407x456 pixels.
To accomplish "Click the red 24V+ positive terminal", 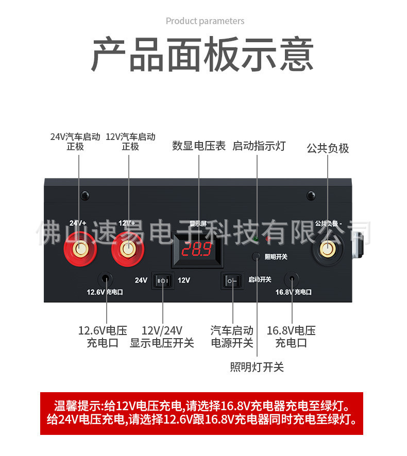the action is [80, 250].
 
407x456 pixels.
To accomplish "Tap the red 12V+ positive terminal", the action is [126, 250].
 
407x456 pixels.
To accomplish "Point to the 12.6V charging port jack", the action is [106, 278].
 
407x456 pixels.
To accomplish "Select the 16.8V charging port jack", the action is [292, 278].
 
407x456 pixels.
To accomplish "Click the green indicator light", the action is [256, 238].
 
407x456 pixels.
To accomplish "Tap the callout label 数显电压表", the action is [199, 146].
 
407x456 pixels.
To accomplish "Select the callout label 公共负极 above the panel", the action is [328, 148].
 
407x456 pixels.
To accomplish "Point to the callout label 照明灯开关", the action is [257, 367].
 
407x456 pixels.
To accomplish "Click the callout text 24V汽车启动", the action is [75, 137].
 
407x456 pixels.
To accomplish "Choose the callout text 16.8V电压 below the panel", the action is [291, 330].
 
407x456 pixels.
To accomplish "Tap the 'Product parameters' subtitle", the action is [205, 21].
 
